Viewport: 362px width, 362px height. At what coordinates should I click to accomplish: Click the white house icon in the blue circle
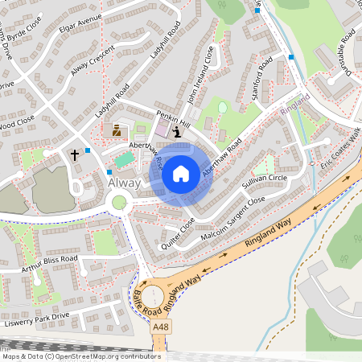[181, 173]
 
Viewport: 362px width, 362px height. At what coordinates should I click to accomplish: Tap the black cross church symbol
[76, 153]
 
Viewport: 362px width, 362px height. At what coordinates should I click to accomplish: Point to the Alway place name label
[124, 183]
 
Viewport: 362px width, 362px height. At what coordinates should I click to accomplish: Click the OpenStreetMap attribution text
[80, 356]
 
